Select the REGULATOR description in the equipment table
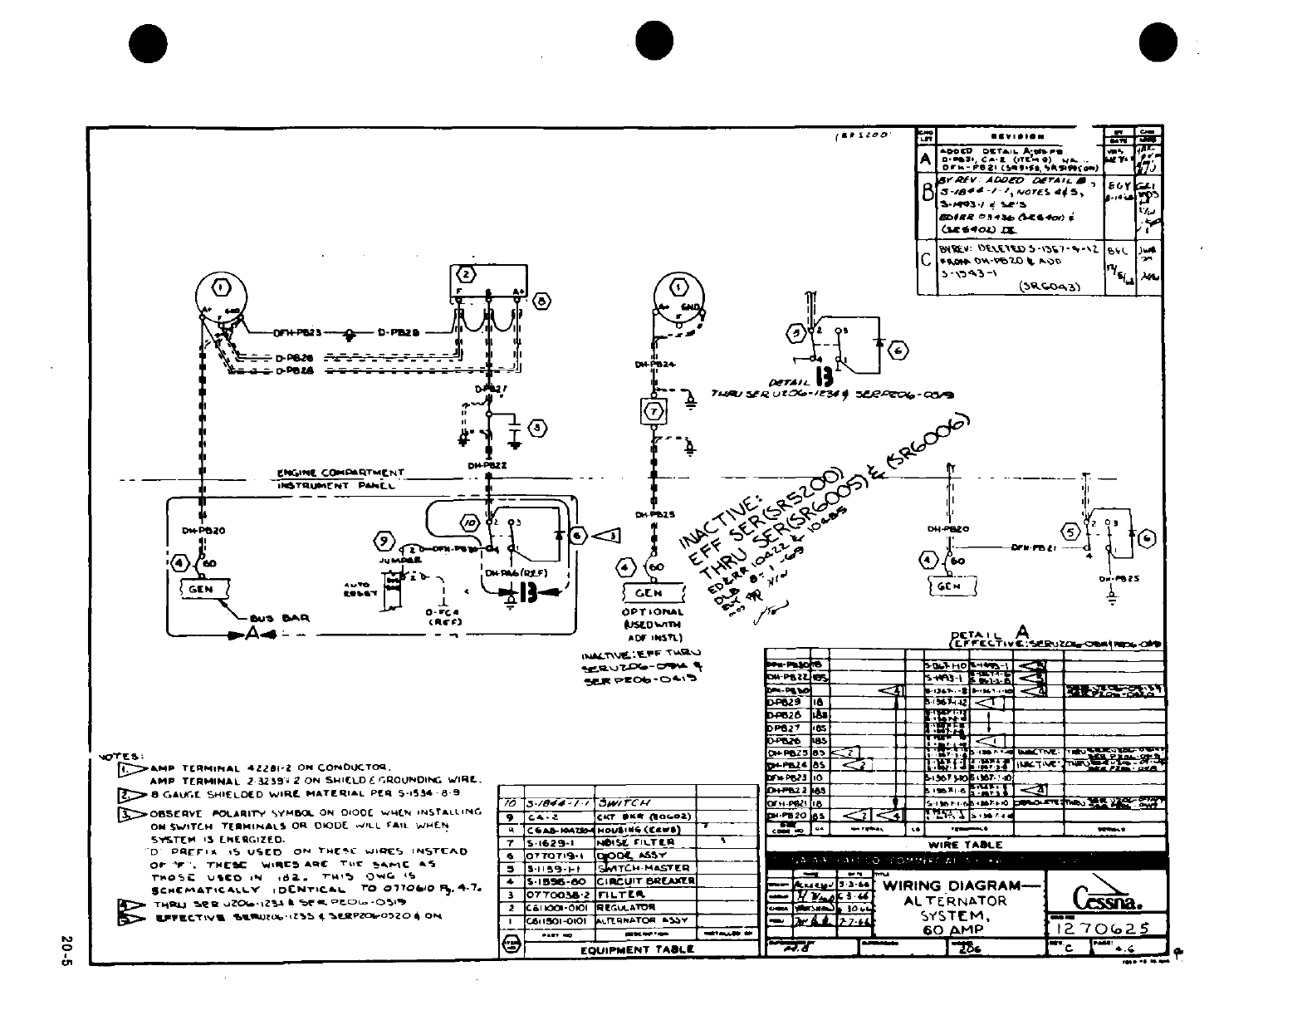(625, 907)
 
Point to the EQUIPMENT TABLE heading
(637, 949)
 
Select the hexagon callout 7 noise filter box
(654, 410)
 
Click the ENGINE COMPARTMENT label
(340, 473)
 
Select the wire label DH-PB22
(487, 466)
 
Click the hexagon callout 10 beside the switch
(470, 523)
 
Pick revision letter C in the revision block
(926, 259)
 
